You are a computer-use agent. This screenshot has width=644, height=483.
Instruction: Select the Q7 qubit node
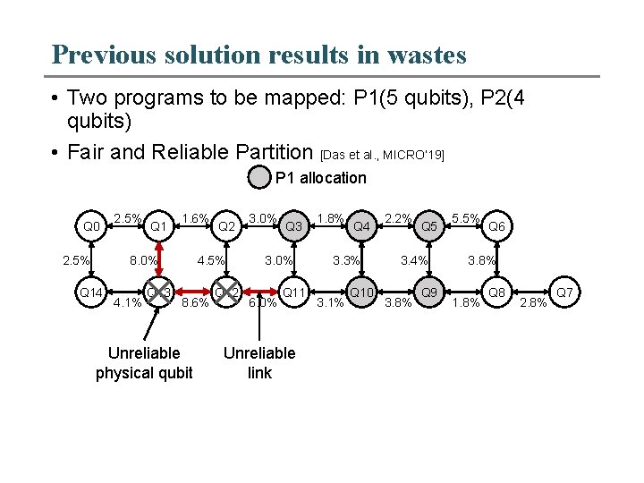coord(564,292)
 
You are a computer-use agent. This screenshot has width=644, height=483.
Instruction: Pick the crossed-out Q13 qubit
coord(158,292)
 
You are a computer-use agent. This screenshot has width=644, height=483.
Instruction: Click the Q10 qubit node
coord(362,292)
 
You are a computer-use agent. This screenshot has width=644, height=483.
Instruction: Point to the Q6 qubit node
coord(497,226)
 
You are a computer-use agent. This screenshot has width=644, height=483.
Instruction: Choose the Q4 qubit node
coord(362,226)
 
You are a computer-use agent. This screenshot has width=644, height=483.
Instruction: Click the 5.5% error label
coord(467,217)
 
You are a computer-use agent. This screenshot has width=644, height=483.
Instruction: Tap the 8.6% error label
coord(195,302)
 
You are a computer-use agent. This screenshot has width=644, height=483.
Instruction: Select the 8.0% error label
coord(144,261)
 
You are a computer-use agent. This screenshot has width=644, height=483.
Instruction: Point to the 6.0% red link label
coord(263,302)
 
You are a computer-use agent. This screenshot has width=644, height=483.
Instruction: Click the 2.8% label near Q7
coord(535,302)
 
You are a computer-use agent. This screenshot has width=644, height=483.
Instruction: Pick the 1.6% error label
coord(195,217)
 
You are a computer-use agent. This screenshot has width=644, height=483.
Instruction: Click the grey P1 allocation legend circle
coord(258,177)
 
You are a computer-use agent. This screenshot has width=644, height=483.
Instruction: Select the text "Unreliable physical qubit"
coord(144,362)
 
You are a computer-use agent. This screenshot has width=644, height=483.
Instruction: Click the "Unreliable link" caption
coord(259,362)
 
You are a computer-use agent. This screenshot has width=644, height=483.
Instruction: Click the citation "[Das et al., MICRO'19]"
coord(382,155)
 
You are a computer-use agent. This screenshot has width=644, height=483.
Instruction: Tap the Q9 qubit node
coord(429,292)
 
